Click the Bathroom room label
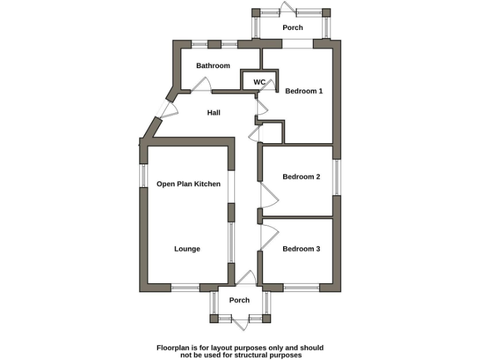(213, 66)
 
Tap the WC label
(259, 82)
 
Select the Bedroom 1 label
(304, 91)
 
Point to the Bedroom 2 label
(301, 177)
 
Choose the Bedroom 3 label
(301, 249)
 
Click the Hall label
(214, 112)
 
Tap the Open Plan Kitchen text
(188, 184)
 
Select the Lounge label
(187, 249)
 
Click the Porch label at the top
(292, 27)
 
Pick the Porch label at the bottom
(239, 300)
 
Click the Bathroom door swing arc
(202, 85)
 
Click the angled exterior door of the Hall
(167, 110)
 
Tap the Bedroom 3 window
(301, 287)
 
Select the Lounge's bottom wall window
(185, 287)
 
